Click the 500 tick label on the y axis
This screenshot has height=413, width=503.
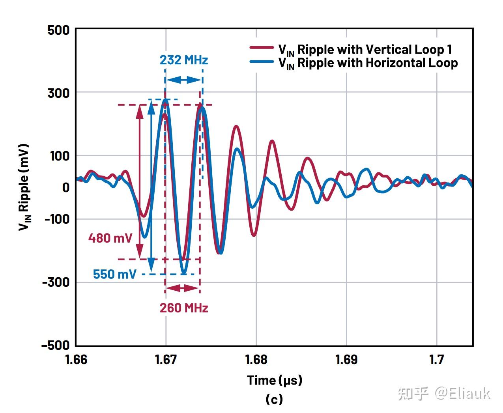tap(58, 30)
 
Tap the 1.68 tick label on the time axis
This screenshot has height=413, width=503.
tap(256, 360)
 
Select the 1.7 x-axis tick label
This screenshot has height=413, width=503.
tap(437, 360)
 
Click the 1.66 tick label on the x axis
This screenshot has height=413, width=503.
tap(76, 360)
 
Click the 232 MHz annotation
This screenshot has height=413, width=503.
tap(183, 60)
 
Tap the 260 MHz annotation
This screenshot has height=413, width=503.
tap(183, 308)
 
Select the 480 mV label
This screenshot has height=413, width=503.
tap(110, 238)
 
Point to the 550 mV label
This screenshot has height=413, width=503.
tap(114, 274)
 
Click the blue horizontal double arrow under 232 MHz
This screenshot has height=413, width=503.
tap(183, 80)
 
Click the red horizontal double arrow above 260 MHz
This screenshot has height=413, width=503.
tap(182, 288)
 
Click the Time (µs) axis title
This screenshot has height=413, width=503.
tap(274, 380)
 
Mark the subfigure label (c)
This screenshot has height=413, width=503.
tap(274, 399)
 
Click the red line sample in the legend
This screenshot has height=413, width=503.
tap(262, 48)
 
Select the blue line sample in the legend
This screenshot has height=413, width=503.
tap(262, 62)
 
